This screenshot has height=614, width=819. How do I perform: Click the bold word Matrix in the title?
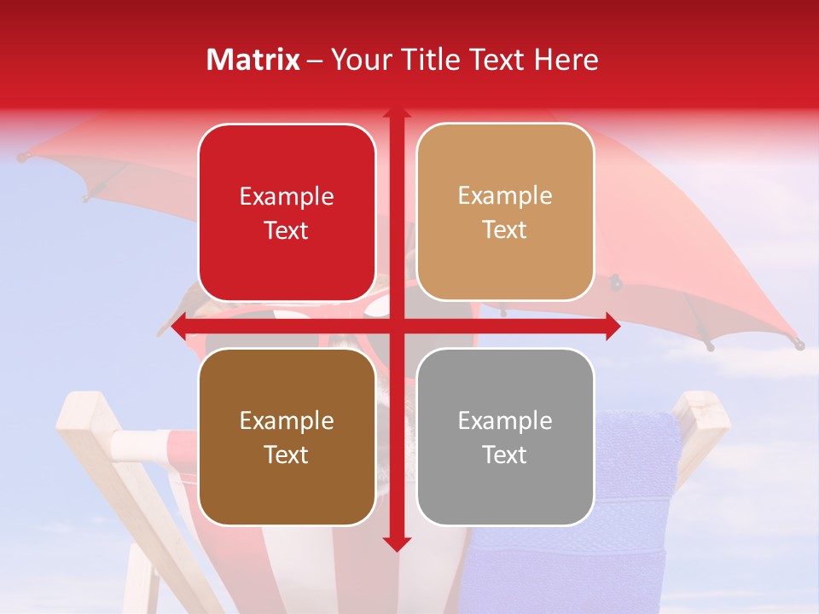[253, 60]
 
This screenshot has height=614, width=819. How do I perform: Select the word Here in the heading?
[566, 60]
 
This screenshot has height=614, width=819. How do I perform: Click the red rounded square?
[287, 213]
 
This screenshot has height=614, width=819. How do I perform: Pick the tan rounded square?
[505, 212]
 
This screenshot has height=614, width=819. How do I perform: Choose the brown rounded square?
[287, 437]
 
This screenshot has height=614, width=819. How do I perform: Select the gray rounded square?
[505, 437]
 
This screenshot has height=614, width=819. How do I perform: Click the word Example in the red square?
[287, 197]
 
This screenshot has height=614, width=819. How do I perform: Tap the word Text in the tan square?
[505, 230]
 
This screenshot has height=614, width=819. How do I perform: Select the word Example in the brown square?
[287, 421]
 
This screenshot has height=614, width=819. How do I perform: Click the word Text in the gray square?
[505, 455]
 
